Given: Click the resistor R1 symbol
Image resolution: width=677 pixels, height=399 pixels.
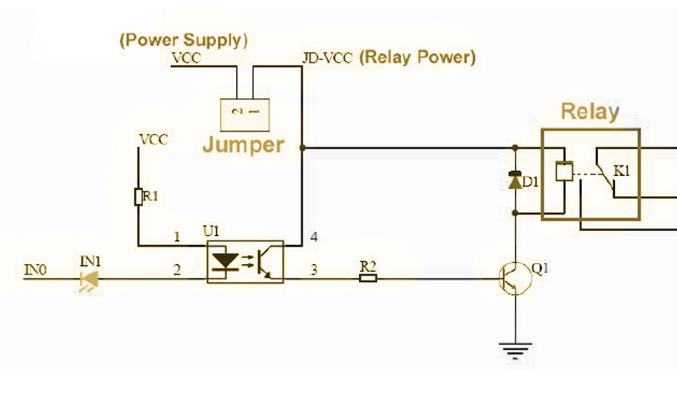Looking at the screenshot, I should (138, 197).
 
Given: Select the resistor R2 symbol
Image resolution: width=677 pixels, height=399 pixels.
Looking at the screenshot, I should (368, 278).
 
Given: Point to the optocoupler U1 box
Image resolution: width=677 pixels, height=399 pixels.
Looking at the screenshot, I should (246, 261).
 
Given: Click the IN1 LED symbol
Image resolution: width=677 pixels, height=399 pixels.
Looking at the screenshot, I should (88, 279).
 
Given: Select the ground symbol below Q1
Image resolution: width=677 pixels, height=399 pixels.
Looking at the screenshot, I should (515, 351).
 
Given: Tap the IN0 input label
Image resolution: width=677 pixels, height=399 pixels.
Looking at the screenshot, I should (34, 271).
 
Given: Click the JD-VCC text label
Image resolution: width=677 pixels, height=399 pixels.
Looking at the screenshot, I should (328, 59).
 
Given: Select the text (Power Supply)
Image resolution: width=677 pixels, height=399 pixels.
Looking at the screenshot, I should (184, 40).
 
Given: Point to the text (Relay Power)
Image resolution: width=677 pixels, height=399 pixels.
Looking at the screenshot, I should (417, 58).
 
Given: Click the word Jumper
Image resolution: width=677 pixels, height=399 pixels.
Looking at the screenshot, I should (243, 145).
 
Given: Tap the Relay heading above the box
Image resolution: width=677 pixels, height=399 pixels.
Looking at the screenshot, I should (590, 112).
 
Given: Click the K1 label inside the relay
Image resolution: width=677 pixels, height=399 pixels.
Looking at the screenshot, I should (620, 171).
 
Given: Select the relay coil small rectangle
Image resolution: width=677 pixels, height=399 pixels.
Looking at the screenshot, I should (564, 172).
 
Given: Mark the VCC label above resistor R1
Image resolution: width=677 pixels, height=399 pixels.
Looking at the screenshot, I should (153, 139).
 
